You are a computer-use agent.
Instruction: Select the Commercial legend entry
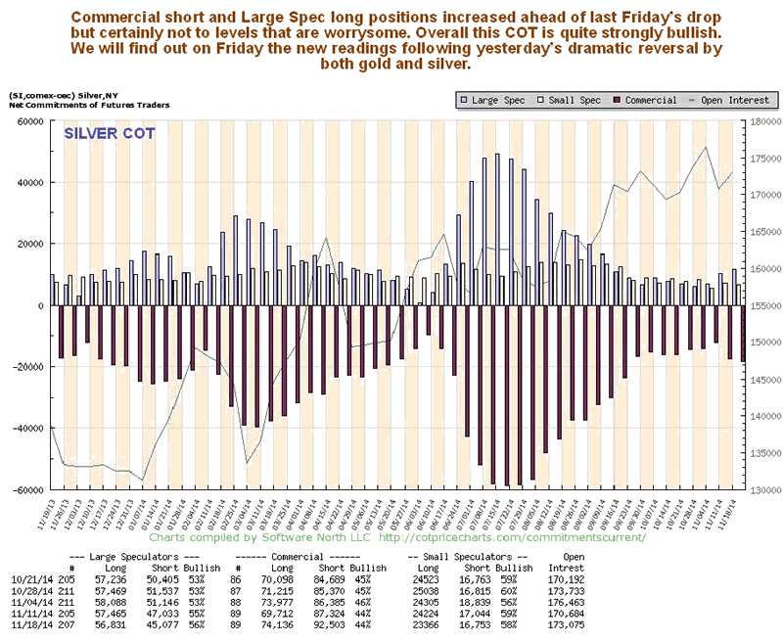click(x=648, y=100)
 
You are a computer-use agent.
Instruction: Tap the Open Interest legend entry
click(x=733, y=100)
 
